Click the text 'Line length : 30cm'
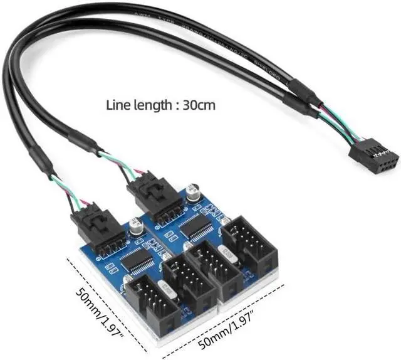(x=160, y=105)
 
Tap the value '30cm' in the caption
(x=199, y=105)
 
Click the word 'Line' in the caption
(x=118, y=105)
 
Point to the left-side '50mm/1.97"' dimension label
(x=97, y=311)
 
